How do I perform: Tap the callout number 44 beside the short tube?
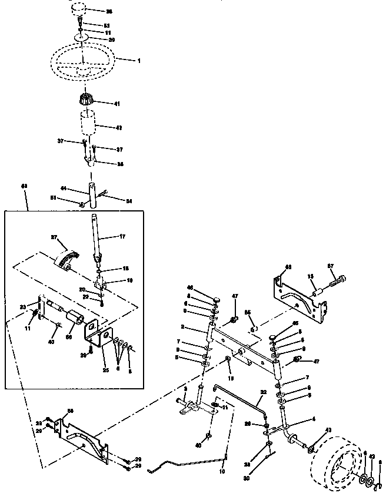64,189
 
